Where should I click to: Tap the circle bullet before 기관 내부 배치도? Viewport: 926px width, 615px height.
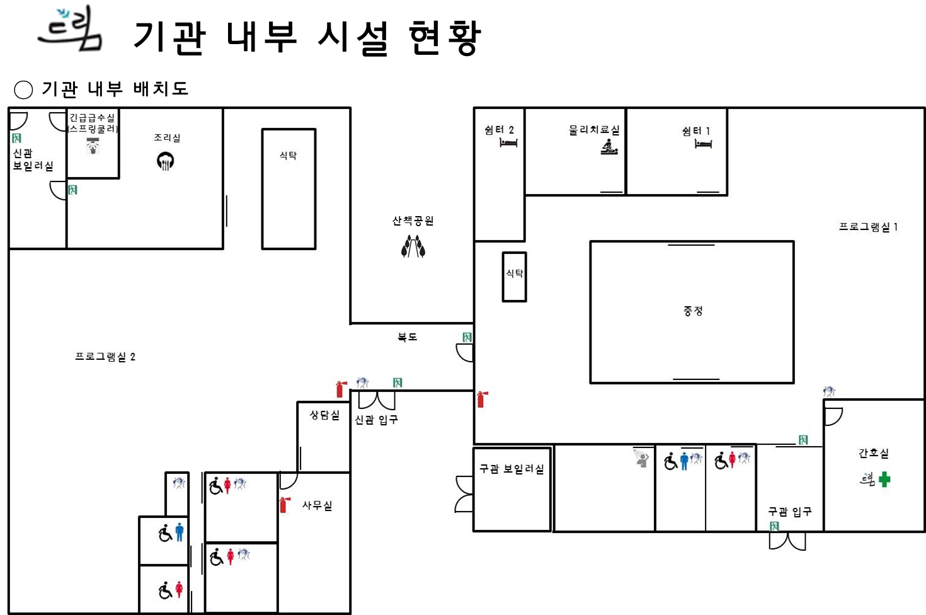click(x=23, y=89)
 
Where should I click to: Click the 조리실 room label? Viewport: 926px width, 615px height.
click(x=167, y=138)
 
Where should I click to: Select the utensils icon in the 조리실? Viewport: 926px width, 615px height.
click(x=165, y=161)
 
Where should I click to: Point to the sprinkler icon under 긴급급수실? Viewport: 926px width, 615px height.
click(x=93, y=146)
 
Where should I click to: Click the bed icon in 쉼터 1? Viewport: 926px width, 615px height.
click(x=703, y=144)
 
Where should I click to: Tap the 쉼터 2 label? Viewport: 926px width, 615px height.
click(x=500, y=130)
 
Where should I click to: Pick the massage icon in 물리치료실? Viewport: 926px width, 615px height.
click(x=609, y=147)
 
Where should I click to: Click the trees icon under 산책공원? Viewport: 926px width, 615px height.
click(x=413, y=246)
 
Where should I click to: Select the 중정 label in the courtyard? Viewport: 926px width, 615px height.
click(x=693, y=311)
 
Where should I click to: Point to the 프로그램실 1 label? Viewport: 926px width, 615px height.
click(x=868, y=227)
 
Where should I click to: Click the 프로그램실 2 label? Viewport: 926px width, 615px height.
click(x=105, y=357)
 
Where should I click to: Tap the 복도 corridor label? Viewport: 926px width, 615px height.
click(x=407, y=337)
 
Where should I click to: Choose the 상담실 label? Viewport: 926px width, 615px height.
click(x=324, y=415)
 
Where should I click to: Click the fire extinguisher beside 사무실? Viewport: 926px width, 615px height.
click(x=285, y=505)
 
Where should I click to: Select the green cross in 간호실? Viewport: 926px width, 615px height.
click(x=884, y=480)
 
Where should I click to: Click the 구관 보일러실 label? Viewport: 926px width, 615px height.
click(x=512, y=469)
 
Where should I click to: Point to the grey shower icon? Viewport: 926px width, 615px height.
click(x=641, y=458)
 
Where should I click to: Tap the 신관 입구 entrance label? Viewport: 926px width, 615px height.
click(x=376, y=420)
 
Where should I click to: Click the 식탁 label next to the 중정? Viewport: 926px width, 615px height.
click(x=515, y=273)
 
